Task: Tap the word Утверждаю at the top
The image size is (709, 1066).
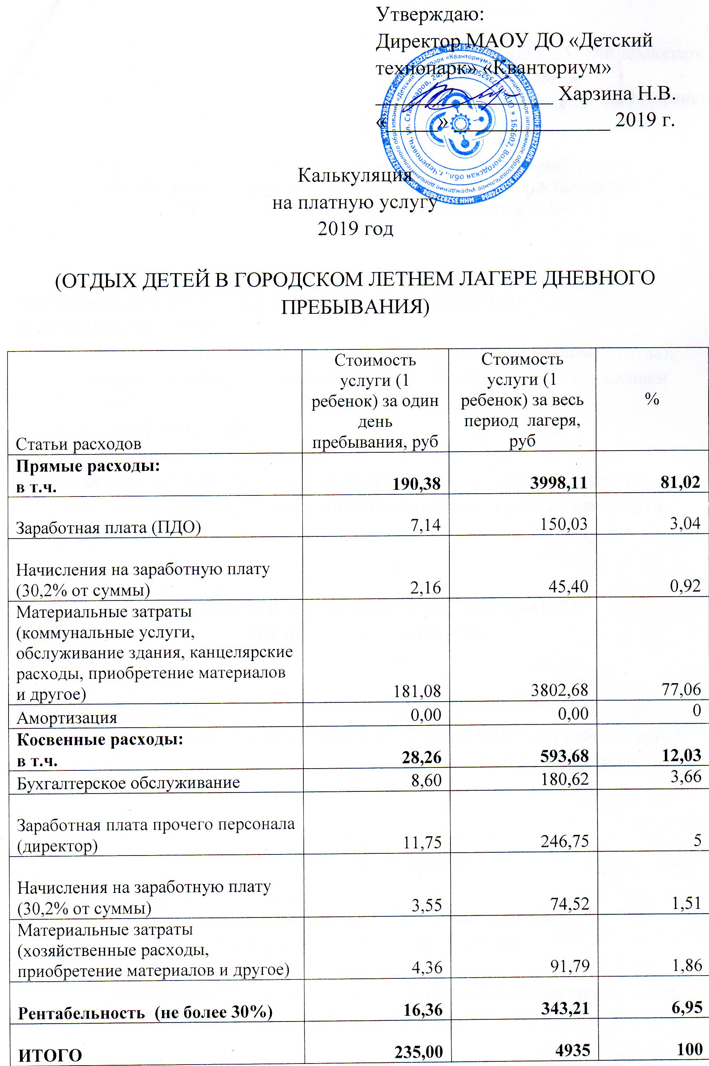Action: (x=430, y=15)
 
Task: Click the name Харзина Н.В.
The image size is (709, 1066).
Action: (x=617, y=94)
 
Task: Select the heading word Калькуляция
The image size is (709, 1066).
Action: (x=355, y=176)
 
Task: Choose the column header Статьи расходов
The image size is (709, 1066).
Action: (x=78, y=444)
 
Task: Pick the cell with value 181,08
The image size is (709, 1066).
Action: (x=418, y=690)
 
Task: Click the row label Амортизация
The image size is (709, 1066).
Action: (x=67, y=717)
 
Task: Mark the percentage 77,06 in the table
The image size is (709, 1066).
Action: (x=684, y=690)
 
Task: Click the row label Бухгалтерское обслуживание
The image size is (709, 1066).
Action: (x=129, y=782)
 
